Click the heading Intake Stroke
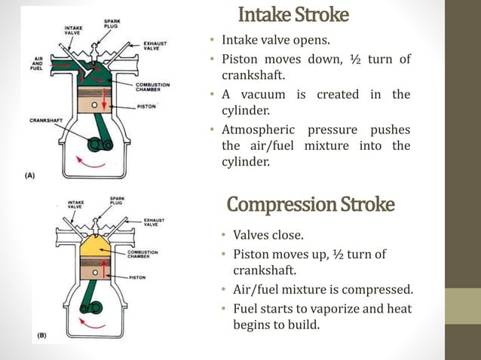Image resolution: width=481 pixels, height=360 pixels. click(x=293, y=14)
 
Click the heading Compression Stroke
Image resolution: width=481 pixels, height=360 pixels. click(x=310, y=204)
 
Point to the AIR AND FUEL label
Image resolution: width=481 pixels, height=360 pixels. click(x=35, y=65)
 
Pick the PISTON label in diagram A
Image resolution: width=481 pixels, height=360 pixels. click(x=147, y=106)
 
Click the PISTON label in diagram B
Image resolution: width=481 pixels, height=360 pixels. click(x=139, y=277)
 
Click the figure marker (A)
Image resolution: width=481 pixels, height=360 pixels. click(x=30, y=174)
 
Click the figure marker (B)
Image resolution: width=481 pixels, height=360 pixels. click(x=44, y=332)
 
